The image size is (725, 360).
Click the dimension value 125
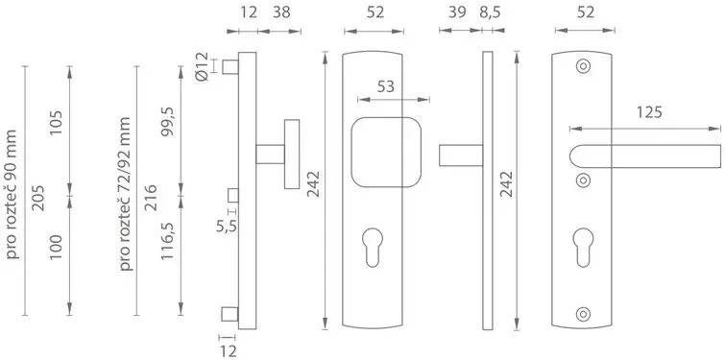coord(649,112)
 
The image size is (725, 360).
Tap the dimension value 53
coord(386,86)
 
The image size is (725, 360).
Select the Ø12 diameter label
coord(203,67)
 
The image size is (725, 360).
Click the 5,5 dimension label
coord(227,226)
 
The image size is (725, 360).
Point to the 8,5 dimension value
coord(490,12)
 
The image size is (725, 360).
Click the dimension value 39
coord(457,12)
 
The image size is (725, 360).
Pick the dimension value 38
coord(281,12)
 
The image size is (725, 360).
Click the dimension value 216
coord(150,198)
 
